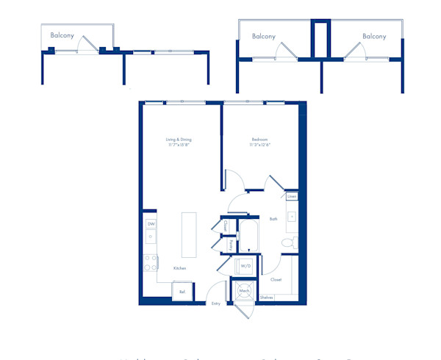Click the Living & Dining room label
(178, 140)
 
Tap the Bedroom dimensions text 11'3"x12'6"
(259, 145)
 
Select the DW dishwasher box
(151, 223)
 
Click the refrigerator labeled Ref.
(182, 292)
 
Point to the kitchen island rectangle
(189, 234)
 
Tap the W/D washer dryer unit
(245, 265)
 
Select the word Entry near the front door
(216, 303)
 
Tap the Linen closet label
(292, 197)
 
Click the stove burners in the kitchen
(150, 262)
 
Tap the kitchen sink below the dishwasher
(151, 237)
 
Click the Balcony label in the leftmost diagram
(62, 35)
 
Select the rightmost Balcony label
(374, 36)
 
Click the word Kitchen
(179, 268)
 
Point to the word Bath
(273, 219)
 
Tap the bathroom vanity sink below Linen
(292, 217)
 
